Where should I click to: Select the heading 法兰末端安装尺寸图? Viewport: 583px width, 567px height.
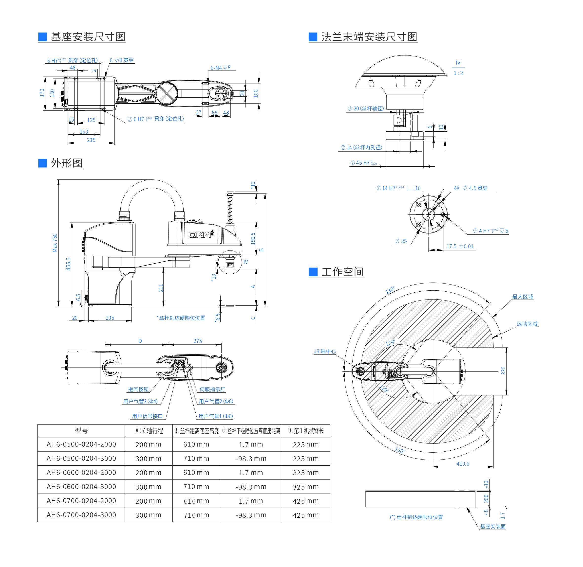[369, 37]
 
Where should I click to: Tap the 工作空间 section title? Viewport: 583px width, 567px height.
[342, 272]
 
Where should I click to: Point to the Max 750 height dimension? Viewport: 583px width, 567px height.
[55, 243]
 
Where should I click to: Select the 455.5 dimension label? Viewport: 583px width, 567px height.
[69, 264]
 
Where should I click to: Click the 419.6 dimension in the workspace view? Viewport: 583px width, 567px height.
[463, 464]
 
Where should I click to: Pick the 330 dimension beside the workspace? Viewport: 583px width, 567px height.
[503, 371]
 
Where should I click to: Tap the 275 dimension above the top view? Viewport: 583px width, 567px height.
[198, 341]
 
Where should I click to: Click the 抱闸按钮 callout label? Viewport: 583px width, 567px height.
[138, 389]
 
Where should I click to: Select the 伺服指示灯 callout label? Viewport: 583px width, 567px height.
[212, 389]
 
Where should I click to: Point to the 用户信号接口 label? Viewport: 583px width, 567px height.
[147, 416]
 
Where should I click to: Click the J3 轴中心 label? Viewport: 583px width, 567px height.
[325, 351]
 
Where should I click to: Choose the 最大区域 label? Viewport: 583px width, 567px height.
[523, 297]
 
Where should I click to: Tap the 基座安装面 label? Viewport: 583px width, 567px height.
[493, 527]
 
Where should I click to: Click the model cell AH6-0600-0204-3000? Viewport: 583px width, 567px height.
[81, 487]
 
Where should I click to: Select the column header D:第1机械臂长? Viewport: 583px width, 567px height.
[306, 431]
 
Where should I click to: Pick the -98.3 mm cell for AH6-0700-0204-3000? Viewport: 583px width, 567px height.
[251, 515]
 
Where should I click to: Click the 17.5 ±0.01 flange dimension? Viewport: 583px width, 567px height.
[460, 246]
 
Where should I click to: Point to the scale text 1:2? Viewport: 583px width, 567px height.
[458, 73]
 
